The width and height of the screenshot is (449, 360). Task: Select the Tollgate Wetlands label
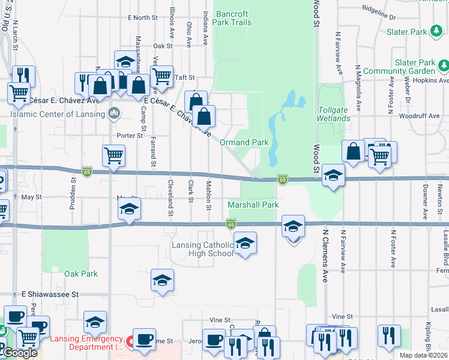pos(334,114)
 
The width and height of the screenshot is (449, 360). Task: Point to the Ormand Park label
pos(244,143)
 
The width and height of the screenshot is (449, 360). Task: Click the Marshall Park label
pos(253,205)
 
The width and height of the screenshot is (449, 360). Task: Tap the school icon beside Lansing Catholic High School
pos(244,244)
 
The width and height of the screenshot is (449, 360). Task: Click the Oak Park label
pos(81,274)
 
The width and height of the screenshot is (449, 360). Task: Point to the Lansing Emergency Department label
pos(86,343)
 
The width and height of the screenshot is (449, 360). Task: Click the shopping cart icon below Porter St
pos(113,156)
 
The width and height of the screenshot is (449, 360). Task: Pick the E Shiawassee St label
pos(50,295)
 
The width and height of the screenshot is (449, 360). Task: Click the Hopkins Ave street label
pos(434,80)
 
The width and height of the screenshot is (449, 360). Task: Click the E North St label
pos(142,18)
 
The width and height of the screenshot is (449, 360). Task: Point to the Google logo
pos(20,353)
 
